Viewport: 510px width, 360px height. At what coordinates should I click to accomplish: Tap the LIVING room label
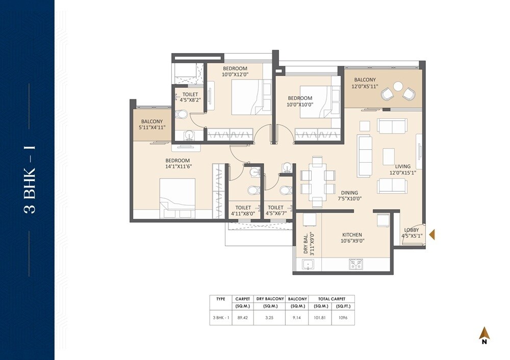[403, 166]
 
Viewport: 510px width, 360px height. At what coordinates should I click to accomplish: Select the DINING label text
[350, 193]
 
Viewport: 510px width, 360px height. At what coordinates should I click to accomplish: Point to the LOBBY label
[412, 230]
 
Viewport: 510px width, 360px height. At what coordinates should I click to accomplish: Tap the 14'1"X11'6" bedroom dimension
[178, 166]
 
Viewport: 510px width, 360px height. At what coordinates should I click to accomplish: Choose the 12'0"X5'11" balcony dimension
[365, 87]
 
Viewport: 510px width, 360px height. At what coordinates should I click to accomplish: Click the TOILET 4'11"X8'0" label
[243, 211]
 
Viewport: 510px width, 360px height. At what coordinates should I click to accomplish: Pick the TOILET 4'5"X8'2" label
[190, 97]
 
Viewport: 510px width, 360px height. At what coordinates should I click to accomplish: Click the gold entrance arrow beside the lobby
[431, 235]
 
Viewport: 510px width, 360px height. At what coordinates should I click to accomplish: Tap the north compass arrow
[484, 334]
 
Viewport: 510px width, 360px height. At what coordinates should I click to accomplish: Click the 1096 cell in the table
[343, 317]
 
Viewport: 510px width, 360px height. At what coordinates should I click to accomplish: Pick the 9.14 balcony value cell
[297, 317]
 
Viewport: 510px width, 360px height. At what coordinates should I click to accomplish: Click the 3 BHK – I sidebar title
[30, 179]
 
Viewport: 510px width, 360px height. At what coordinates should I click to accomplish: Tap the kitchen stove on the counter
[355, 264]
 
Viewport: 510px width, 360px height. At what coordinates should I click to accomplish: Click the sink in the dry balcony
[308, 264]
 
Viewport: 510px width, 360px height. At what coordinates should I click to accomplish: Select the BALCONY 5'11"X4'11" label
[152, 124]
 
